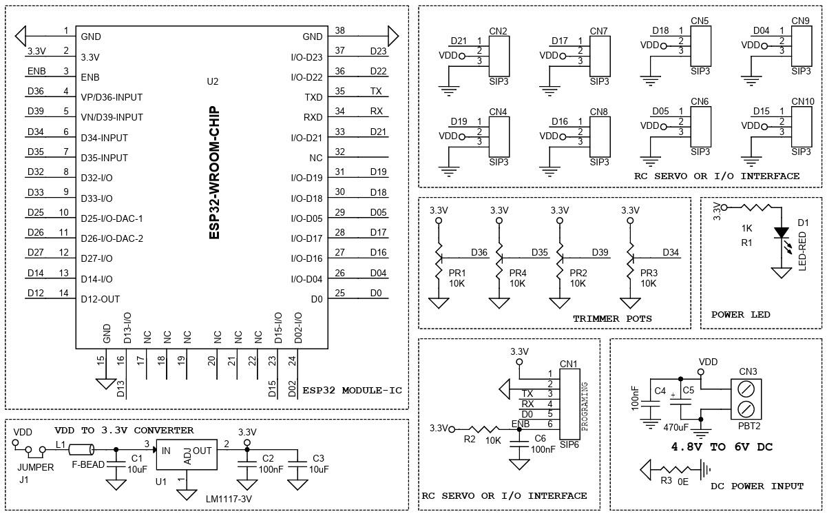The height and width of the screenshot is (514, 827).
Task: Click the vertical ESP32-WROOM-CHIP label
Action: click(x=214, y=172)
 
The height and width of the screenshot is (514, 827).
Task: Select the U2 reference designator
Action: click(x=213, y=81)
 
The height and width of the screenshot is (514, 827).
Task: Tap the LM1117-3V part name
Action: click(x=229, y=500)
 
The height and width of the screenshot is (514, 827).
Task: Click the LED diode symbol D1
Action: click(x=781, y=232)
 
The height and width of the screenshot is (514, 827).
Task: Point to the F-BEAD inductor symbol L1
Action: click(x=81, y=450)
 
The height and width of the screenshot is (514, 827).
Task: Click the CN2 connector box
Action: click(x=499, y=56)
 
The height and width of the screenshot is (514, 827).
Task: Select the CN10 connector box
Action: click(x=802, y=127)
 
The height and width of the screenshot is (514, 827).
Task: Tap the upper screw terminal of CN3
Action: click(x=746, y=389)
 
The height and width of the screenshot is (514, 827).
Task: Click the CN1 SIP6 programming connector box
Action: click(x=569, y=404)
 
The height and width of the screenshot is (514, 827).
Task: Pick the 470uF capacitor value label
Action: click(x=676, y=428)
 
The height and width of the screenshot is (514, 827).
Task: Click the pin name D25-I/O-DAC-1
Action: click(x=112, y=218)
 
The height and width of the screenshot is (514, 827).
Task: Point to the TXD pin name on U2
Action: click(x=313, y=97)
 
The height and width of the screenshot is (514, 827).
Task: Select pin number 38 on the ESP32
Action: click(x=339, y=31)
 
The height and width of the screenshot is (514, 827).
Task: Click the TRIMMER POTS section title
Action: click(x=612, y=318)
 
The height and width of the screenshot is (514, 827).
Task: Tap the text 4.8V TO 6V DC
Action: click(x=722, y=446)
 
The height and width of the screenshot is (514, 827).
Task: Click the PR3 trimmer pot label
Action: click(x=649, y=273)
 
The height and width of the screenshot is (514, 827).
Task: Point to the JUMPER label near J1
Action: click(x=35, y=467)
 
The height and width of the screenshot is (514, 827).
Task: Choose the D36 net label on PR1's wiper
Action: click(x=479, y=252)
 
